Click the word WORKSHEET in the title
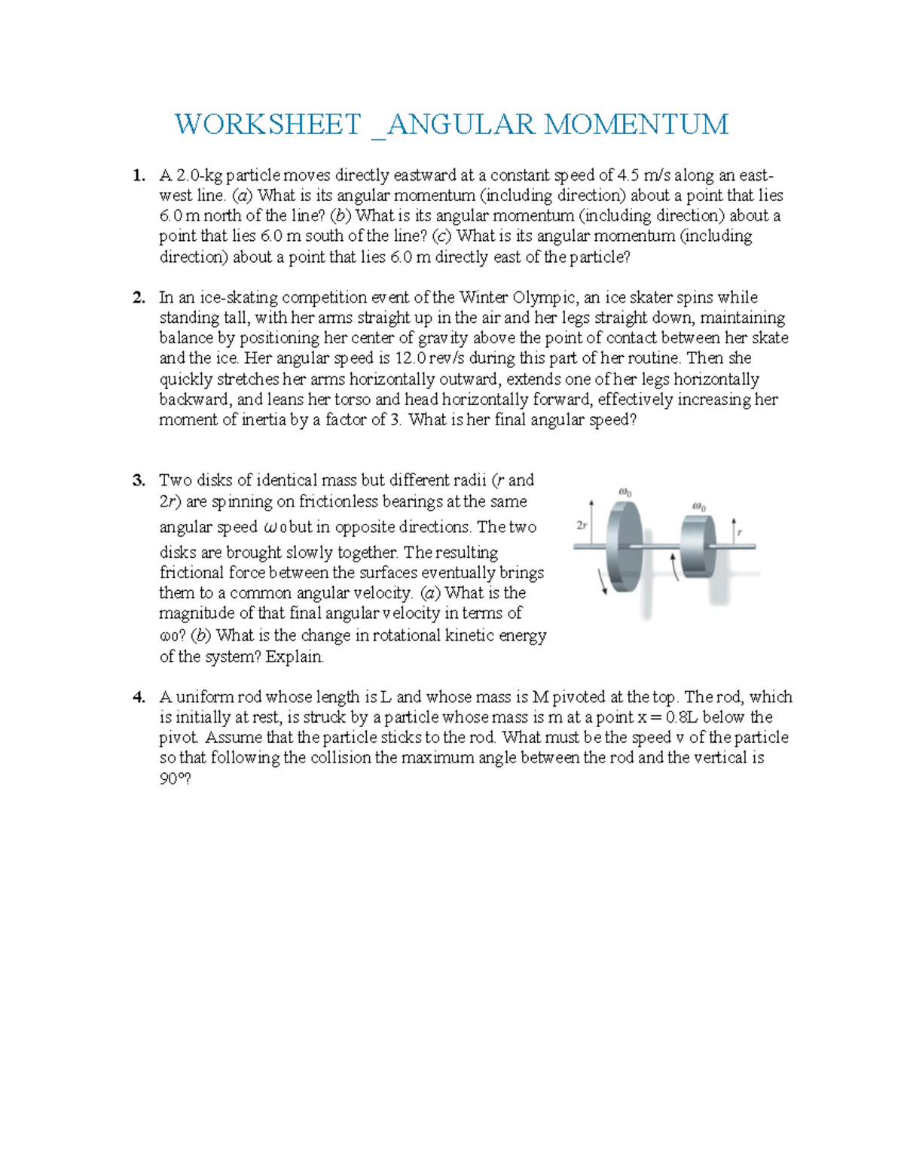coord(267,124)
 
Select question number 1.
coord(138,175)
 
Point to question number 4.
coord(138,697)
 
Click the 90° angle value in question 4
coord(174,779)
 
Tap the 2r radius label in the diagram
coord(581,526)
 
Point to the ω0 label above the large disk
coord(625,493)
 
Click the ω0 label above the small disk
coord(698,507)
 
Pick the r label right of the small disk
coord(740,532)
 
